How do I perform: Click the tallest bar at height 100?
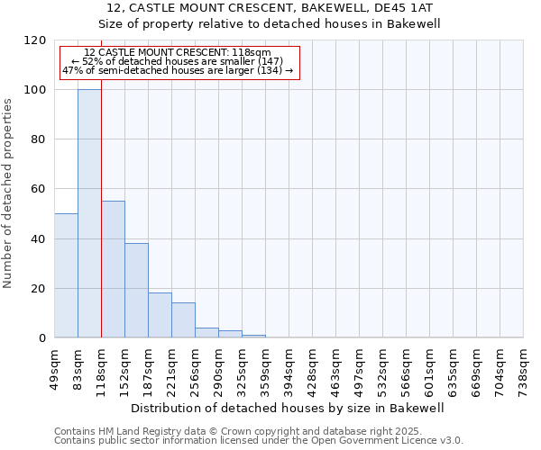click(89, 214)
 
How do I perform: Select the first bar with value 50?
click(66, 275)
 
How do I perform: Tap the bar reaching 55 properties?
click(113, 269)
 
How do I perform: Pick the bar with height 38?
click(136, 291)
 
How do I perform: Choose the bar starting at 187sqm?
click(160, 315)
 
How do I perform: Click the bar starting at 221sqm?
click(183, 320)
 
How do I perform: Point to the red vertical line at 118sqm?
click(101, 225)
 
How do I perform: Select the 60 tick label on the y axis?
click(39, 190)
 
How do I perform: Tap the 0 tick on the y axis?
click(42, 338)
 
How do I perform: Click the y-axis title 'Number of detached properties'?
click(8, 193)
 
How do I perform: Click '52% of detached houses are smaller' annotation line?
click(177, 61)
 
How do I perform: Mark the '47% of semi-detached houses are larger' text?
click(177, 70)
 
